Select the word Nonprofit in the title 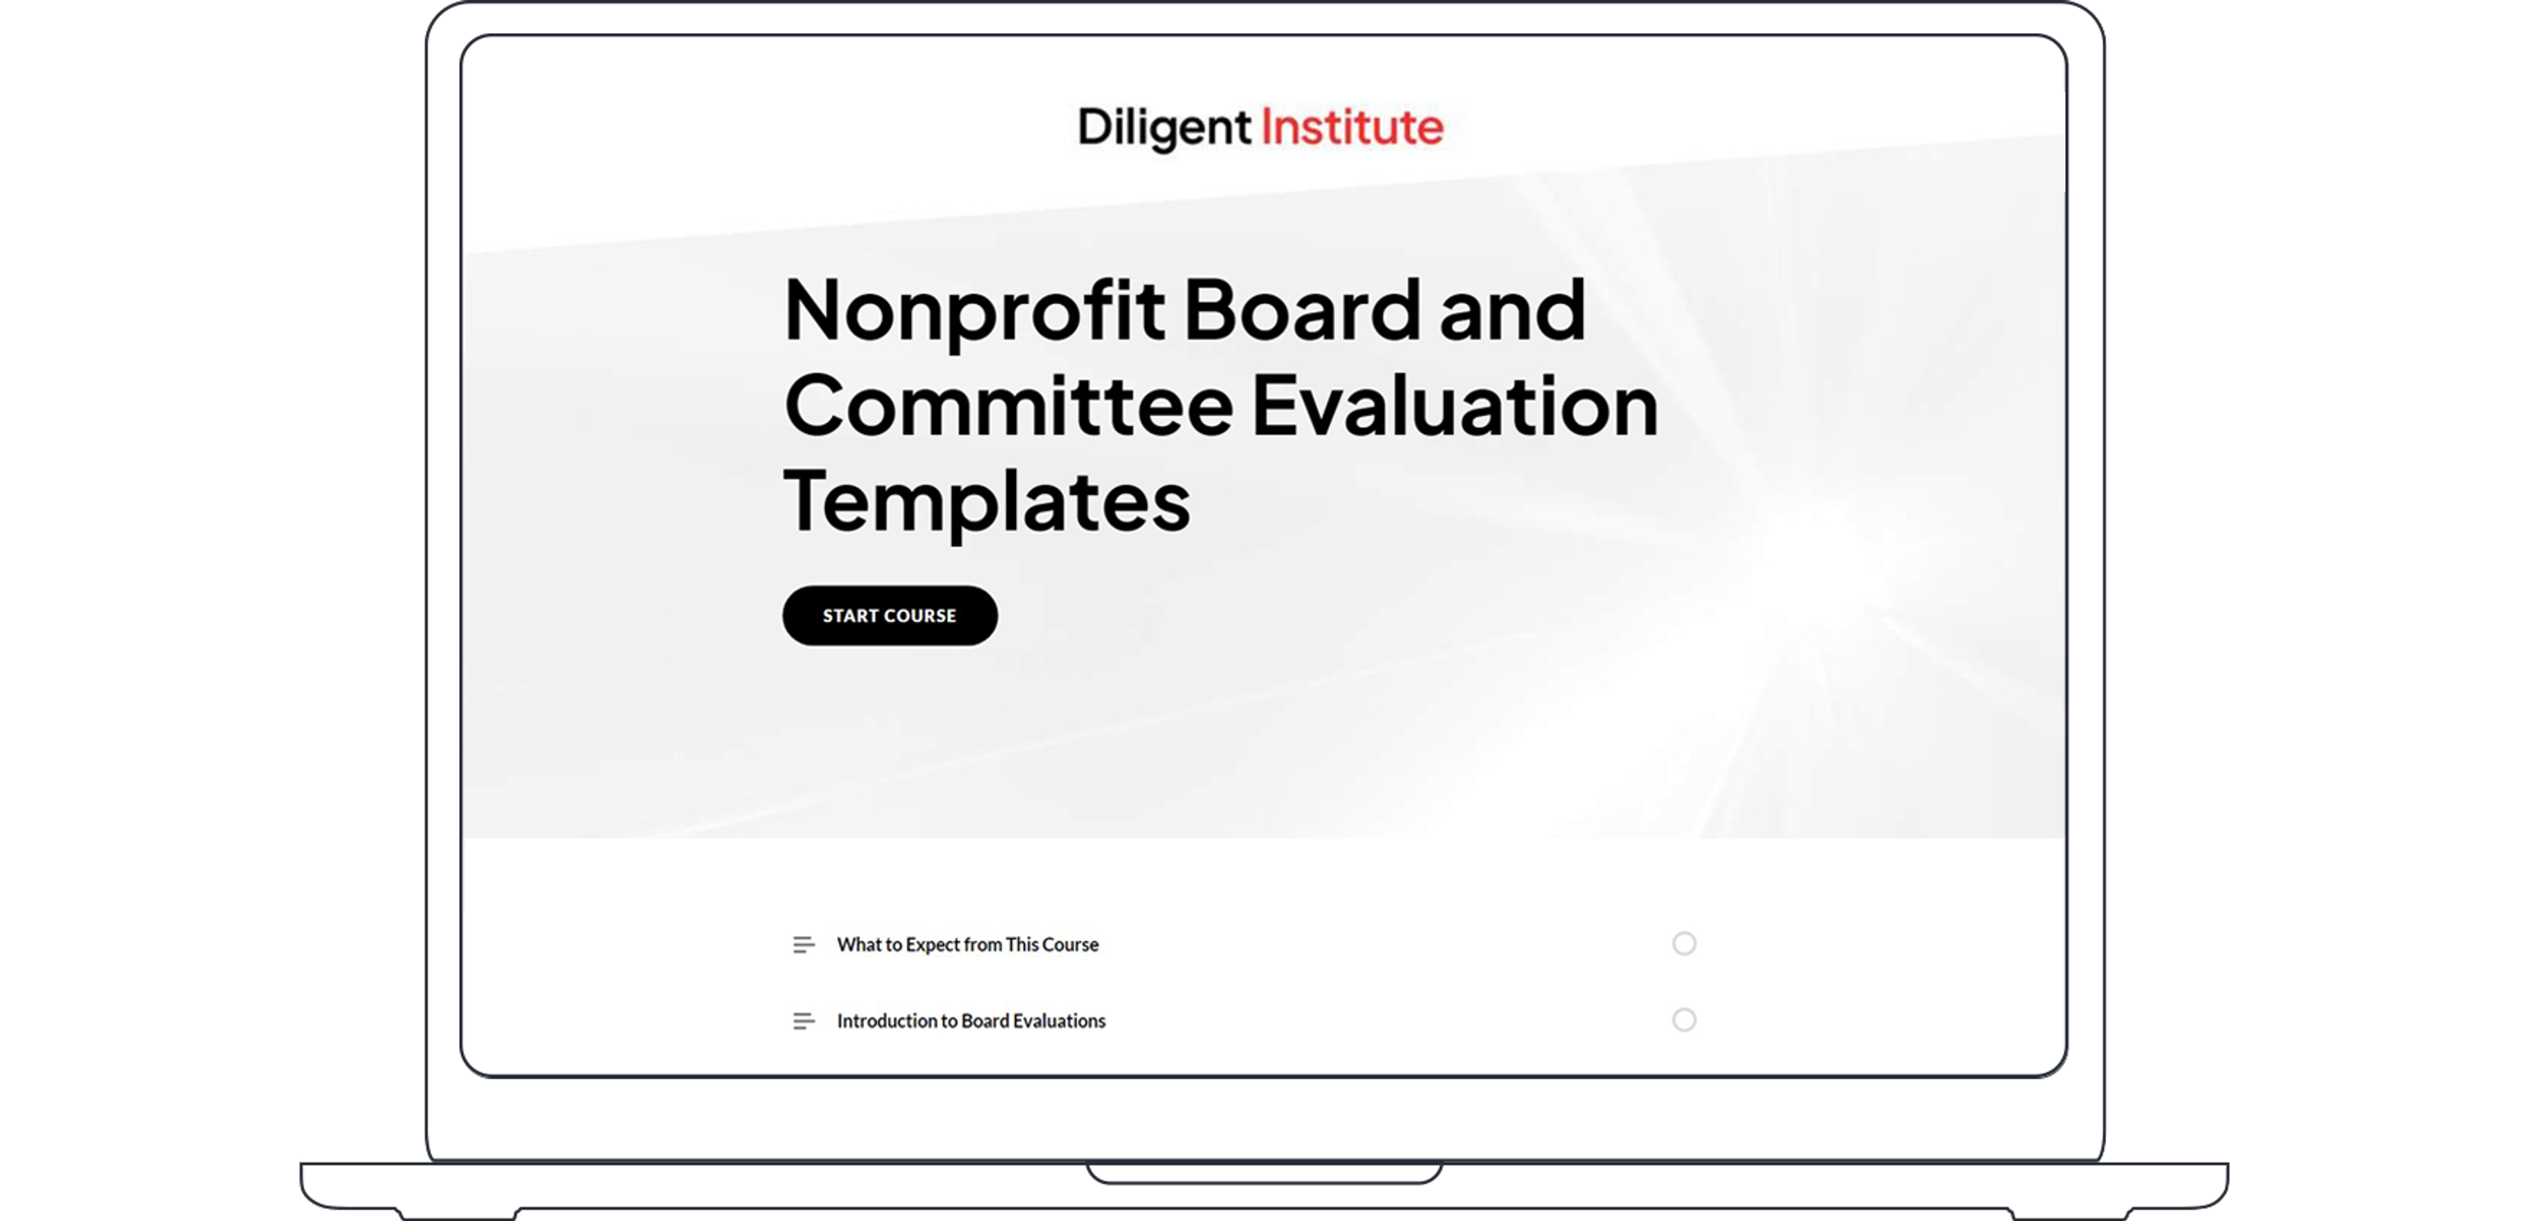click(974, 311)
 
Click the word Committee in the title click(1007, 406)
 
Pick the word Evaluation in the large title click(1455, 406)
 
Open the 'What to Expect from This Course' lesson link click(967, 944)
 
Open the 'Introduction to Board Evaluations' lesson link click(971, 1021)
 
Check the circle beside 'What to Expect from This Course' click(1684, 944)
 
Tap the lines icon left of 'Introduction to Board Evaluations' click(804, 1021)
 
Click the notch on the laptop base click(1264, 1173)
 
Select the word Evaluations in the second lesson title click(1059, 1021)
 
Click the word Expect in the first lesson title click(933, 944)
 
